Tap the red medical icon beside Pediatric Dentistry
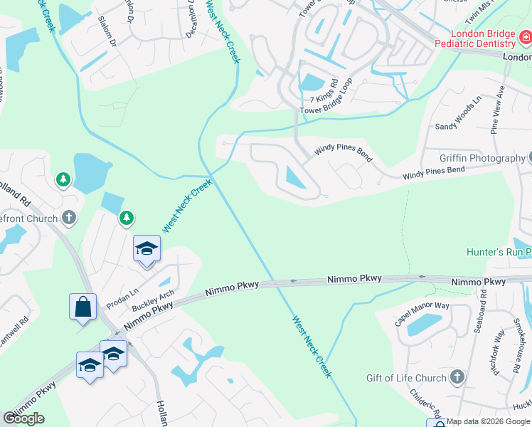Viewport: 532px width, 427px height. (x=525, y=36)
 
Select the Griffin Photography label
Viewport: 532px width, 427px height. (x=472, y=158)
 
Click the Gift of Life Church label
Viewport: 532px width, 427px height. (x=406, y=378)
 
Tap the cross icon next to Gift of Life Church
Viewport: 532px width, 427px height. (x=457, y=378)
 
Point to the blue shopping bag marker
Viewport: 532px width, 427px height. (x=83, y=307)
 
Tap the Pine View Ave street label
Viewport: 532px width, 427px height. (x=497, y=110)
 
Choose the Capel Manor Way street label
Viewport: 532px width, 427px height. (x=422, y=314)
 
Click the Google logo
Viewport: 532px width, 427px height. (x=23, y=418)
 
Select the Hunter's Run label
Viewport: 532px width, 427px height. (x=498, y=252)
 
